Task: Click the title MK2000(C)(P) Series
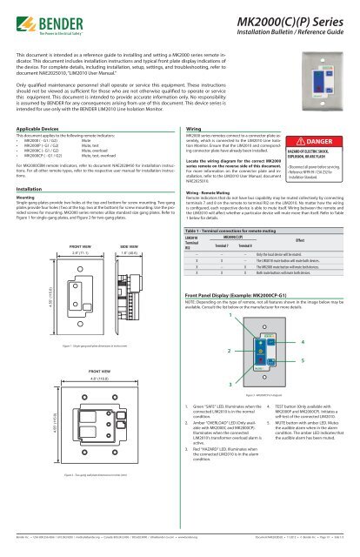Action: [x=288, y=20]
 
